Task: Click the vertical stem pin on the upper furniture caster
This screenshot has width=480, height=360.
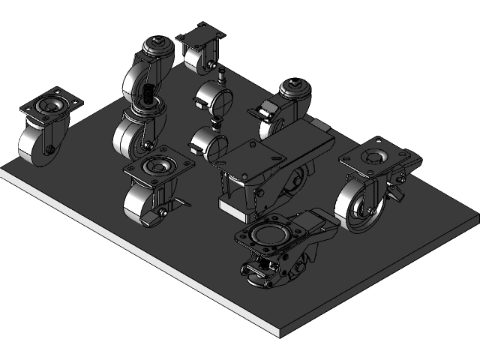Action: pos(222,76)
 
